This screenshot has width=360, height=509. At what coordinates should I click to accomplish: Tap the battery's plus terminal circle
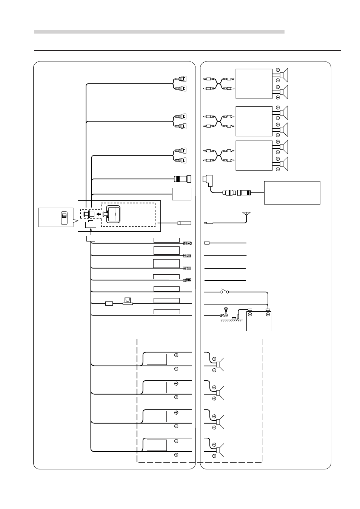click(268, 314)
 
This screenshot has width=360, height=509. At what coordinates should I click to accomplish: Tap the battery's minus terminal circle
click(250, 314)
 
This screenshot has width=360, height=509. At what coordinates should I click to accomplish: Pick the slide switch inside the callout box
click(64, 218)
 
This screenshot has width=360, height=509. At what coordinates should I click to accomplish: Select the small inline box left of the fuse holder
click(109, 303)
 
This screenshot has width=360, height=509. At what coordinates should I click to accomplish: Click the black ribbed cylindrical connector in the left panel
click(182, 179)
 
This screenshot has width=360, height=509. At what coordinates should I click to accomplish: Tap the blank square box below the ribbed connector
click(182, 194)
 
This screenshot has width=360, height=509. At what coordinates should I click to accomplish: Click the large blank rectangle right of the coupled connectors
click(292, 193)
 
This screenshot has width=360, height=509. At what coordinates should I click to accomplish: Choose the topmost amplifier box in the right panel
click(254, 83)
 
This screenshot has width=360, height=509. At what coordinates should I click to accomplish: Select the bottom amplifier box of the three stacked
click(254, 155)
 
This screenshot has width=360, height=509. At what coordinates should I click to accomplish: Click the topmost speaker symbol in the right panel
click(284, 75)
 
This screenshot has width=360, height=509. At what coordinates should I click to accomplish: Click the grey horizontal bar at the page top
click(159, 32)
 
